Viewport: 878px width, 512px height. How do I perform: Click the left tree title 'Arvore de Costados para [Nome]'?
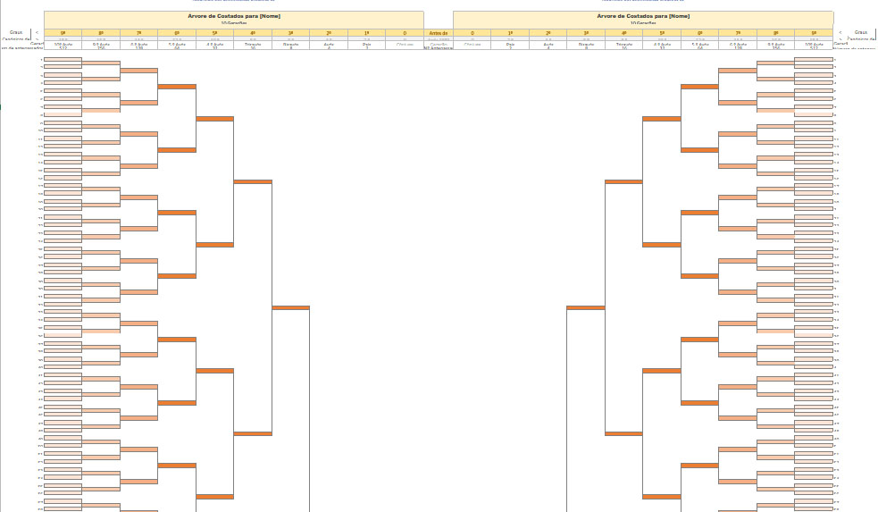coord(233,16)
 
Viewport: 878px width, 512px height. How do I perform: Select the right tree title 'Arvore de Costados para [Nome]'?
coord(643,16)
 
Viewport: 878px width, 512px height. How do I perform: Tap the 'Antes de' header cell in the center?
coord(439,33)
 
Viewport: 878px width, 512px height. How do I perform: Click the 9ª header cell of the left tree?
coord(63,33)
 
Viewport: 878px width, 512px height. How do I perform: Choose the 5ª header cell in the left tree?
coord(214,33)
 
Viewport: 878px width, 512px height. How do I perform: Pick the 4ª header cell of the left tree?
coord(253,33)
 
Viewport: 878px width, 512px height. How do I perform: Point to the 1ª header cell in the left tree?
coord(367,33)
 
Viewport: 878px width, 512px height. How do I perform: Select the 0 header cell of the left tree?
coord(405,33)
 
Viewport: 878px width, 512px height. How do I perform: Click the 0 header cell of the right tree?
coord(472,33)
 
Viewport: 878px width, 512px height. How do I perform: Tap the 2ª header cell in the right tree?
coord(548,33)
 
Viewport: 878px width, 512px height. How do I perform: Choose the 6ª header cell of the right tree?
coord(699,33)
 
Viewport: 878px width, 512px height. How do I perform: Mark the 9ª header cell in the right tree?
coord(814,33)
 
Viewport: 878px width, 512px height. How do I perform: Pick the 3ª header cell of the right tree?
coord(586,33)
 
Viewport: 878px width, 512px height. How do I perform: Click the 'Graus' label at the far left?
coord(16,32)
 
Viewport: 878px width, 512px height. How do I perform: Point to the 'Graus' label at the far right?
coord(861,32)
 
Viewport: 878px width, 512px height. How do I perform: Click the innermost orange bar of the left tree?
coord(290,307)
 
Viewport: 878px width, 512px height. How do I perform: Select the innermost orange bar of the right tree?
coord(585,307)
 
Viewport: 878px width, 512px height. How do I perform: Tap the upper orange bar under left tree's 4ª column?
coord(253,181)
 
